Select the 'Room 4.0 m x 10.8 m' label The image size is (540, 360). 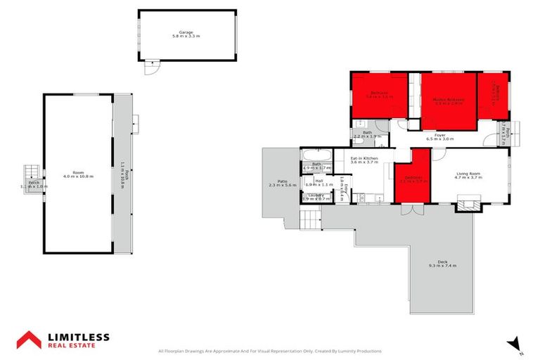click(78, 175)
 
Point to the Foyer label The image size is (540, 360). click(439, 136)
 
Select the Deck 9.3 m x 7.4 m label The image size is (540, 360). click(442, 265)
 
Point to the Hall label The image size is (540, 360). click(319, 182)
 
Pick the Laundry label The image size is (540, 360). click(316, 197)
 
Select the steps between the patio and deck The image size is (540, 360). click(310, 220)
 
